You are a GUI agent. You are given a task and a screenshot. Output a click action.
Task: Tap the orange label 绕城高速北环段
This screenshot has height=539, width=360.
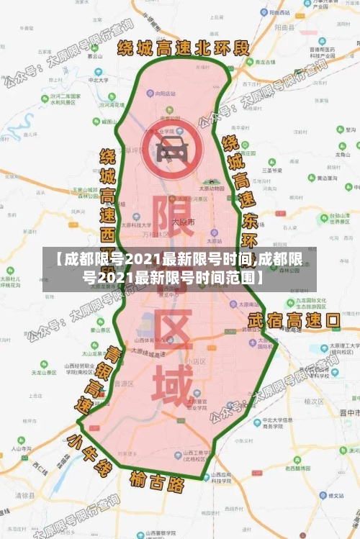pyautogui.click(x=183, y=48)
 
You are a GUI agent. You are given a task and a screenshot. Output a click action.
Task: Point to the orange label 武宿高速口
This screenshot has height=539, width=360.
pyautogui.click(x=293, y=319)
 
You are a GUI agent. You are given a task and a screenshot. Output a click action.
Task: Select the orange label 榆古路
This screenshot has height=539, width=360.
pyautogui.click(x=157, y=480)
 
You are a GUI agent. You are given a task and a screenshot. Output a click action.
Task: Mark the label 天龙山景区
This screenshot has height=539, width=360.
pyautogui.click(x=45, y=373)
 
